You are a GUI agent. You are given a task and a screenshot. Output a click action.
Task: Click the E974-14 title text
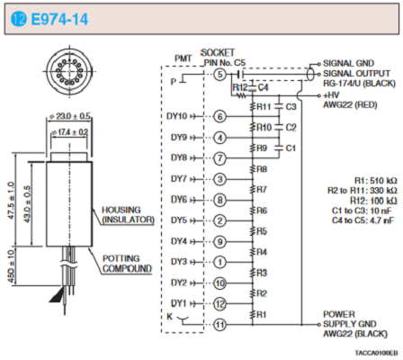(x=59, y=20)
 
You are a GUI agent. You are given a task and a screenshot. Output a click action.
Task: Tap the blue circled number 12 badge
(x=19, y=20)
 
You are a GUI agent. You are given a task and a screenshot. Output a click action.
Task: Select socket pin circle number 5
(x=219, y=74)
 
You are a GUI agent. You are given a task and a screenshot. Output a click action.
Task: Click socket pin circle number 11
(x=219, y=325)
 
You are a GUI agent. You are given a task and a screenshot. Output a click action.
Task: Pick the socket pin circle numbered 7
(x=219, y=158)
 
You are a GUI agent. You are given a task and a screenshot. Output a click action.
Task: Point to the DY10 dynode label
(x=176, y=116)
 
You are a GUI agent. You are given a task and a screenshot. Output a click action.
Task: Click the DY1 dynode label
(x=179, y=303)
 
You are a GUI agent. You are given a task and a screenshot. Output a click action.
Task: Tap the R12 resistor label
(x=240, y=87)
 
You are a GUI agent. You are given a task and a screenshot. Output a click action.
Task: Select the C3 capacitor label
(x=291, y=107)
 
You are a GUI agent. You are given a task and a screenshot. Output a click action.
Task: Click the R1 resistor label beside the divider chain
(x=262, y=315)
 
